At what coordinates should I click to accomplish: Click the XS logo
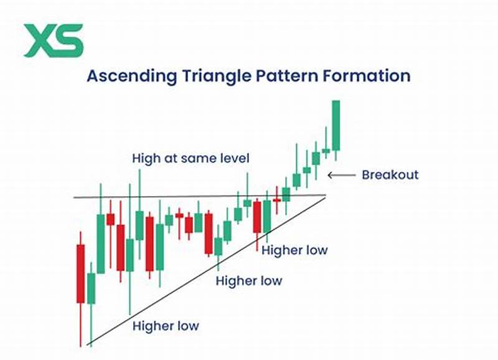[x=53, y=40]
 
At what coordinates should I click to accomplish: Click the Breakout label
[x=390, y=175]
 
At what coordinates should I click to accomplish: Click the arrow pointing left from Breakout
[x=339, y=175]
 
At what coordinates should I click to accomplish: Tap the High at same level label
[x=190, y=158]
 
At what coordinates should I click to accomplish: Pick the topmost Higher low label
[x=294, y=250]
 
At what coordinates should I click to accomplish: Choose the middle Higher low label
[x=248, y=281]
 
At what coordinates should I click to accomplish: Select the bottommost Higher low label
[x=166, y=325]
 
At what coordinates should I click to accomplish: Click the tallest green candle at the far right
[x=336, y=125]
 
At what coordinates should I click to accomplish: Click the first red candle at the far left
[x=80, y=273]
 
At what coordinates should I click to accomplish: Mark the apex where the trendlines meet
[x=326, y=197]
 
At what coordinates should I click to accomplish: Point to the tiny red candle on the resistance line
[x=277, y=200]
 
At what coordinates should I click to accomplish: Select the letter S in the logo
[x=68, y=40]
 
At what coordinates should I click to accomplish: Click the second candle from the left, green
[x=92, y=288]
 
